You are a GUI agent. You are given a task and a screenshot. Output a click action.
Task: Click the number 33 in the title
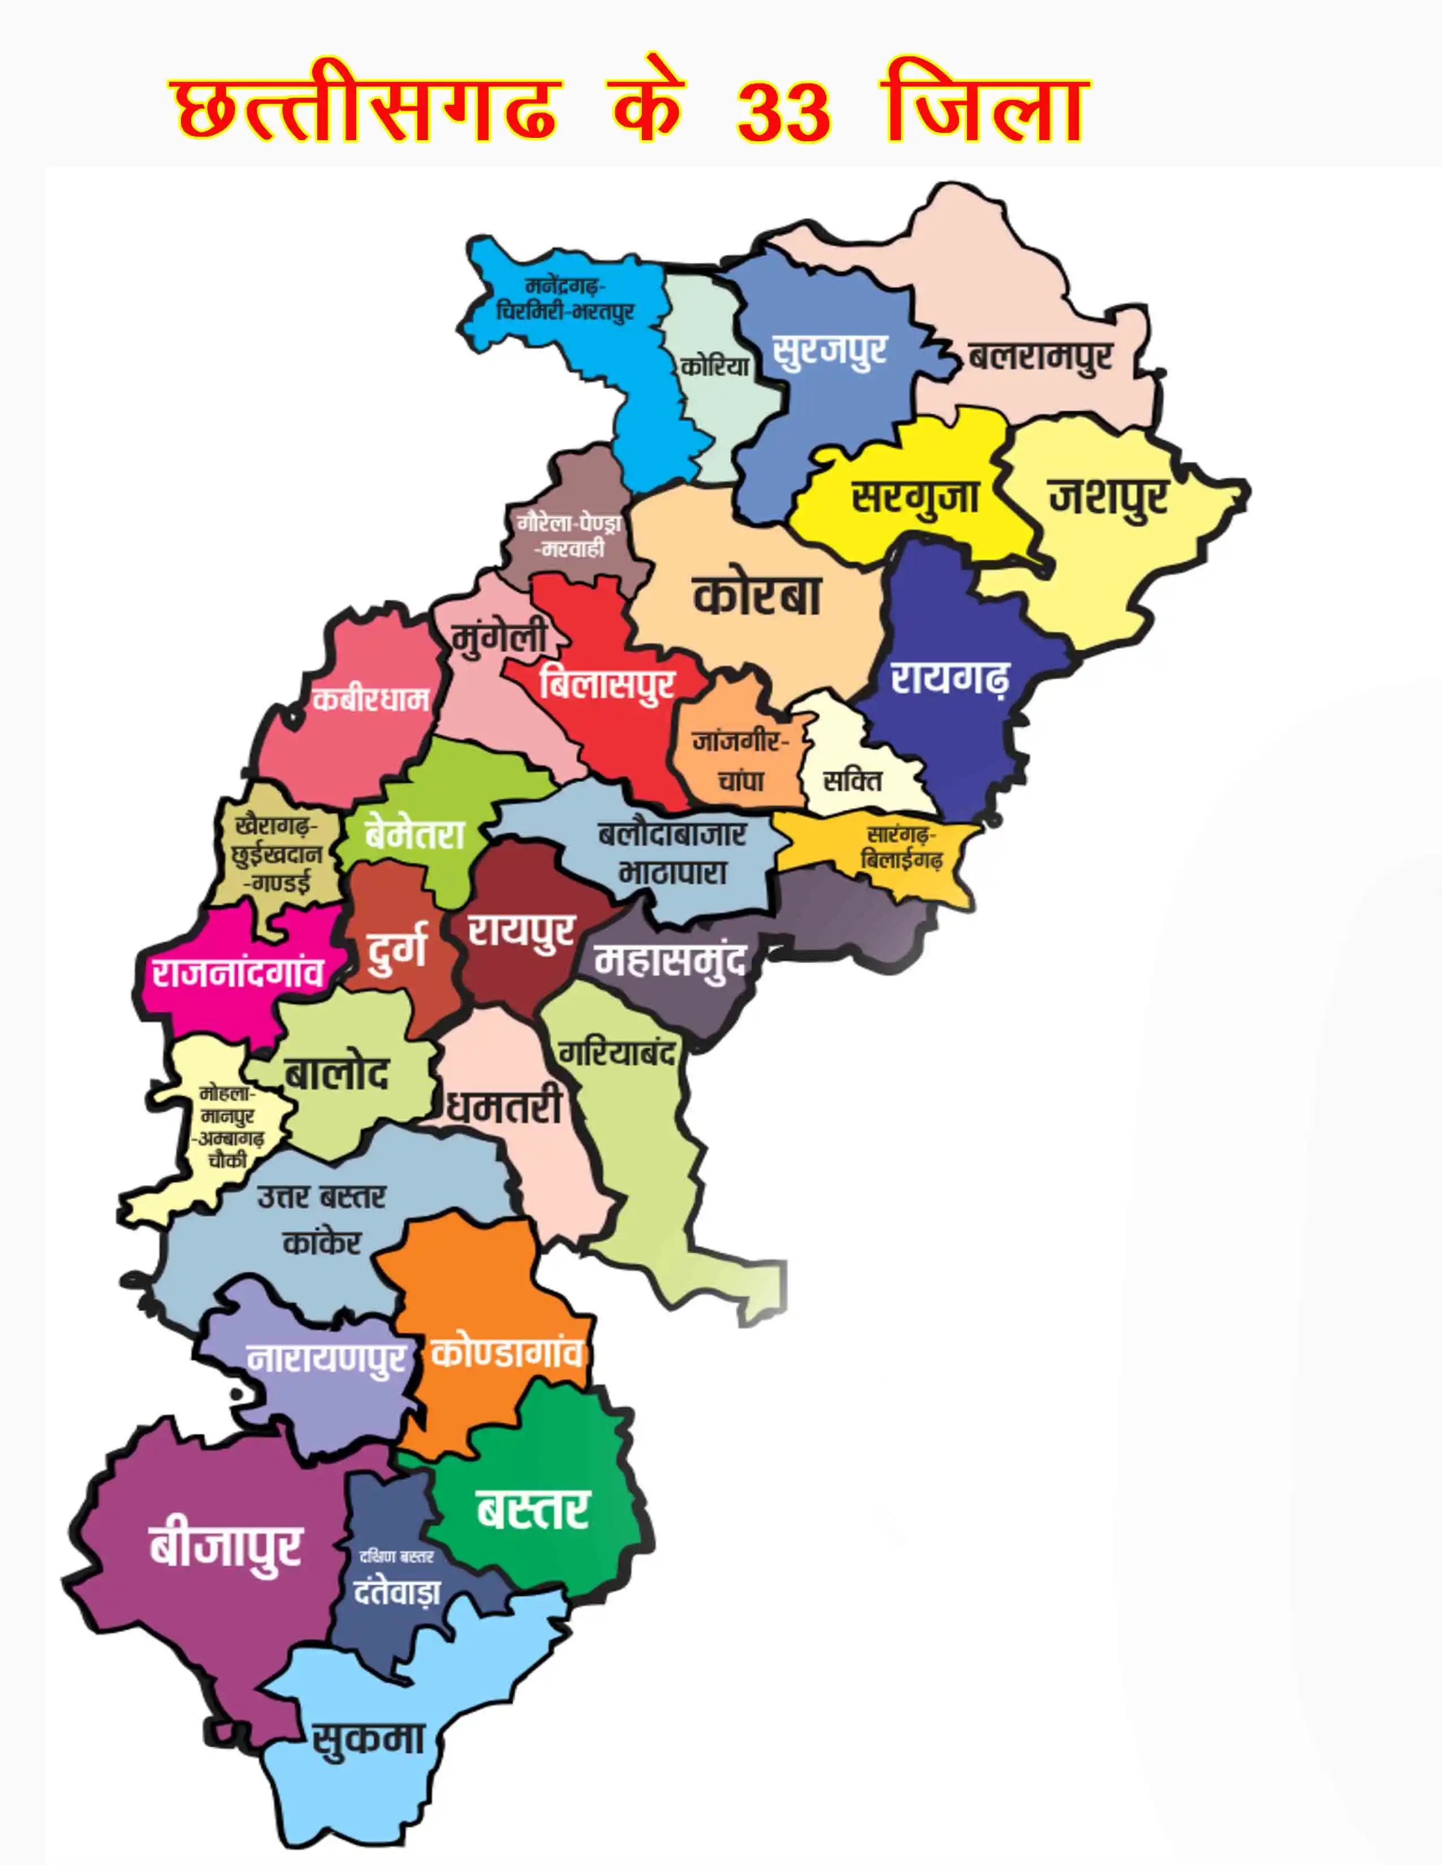tap(783, 114)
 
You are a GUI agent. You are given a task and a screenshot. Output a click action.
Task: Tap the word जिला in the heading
tap(986, 111)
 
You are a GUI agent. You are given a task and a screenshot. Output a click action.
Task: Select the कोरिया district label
tap(715, 366)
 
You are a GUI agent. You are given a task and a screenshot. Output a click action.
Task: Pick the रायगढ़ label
tap(949, 679)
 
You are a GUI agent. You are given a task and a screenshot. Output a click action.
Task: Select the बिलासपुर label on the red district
tap(607, 684)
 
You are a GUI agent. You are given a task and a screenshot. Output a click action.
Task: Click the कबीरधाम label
tap(370, 700)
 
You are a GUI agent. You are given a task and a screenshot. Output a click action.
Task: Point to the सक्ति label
tap(852, 780)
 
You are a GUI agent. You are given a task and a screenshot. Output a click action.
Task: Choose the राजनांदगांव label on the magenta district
tap(238, 973)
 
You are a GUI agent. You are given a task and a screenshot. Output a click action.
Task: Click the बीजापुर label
tap(226, 1546)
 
